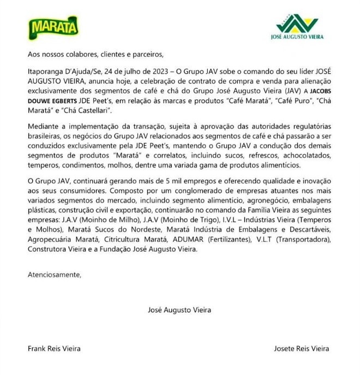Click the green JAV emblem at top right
click(297, 23)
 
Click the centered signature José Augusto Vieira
click(179, 309)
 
